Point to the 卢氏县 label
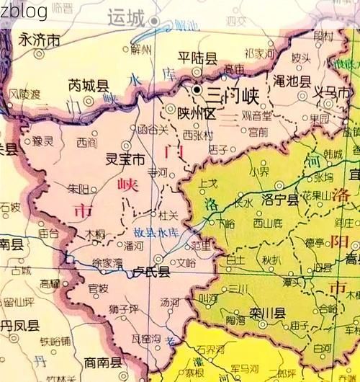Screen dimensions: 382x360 pos(151,272)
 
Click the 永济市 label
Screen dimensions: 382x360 pos(40,40)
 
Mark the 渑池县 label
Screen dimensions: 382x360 pos(293,81)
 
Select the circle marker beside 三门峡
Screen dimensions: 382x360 pos(197,90)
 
